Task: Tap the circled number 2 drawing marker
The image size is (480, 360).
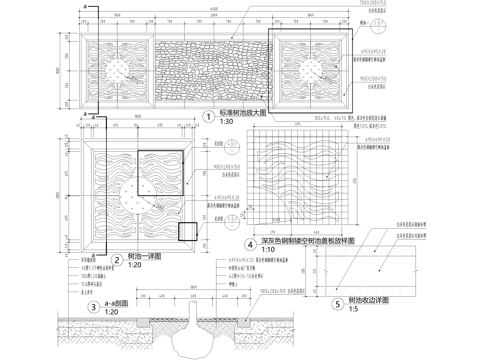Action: (117, 257)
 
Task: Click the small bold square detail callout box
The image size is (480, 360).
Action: (186, 231)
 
